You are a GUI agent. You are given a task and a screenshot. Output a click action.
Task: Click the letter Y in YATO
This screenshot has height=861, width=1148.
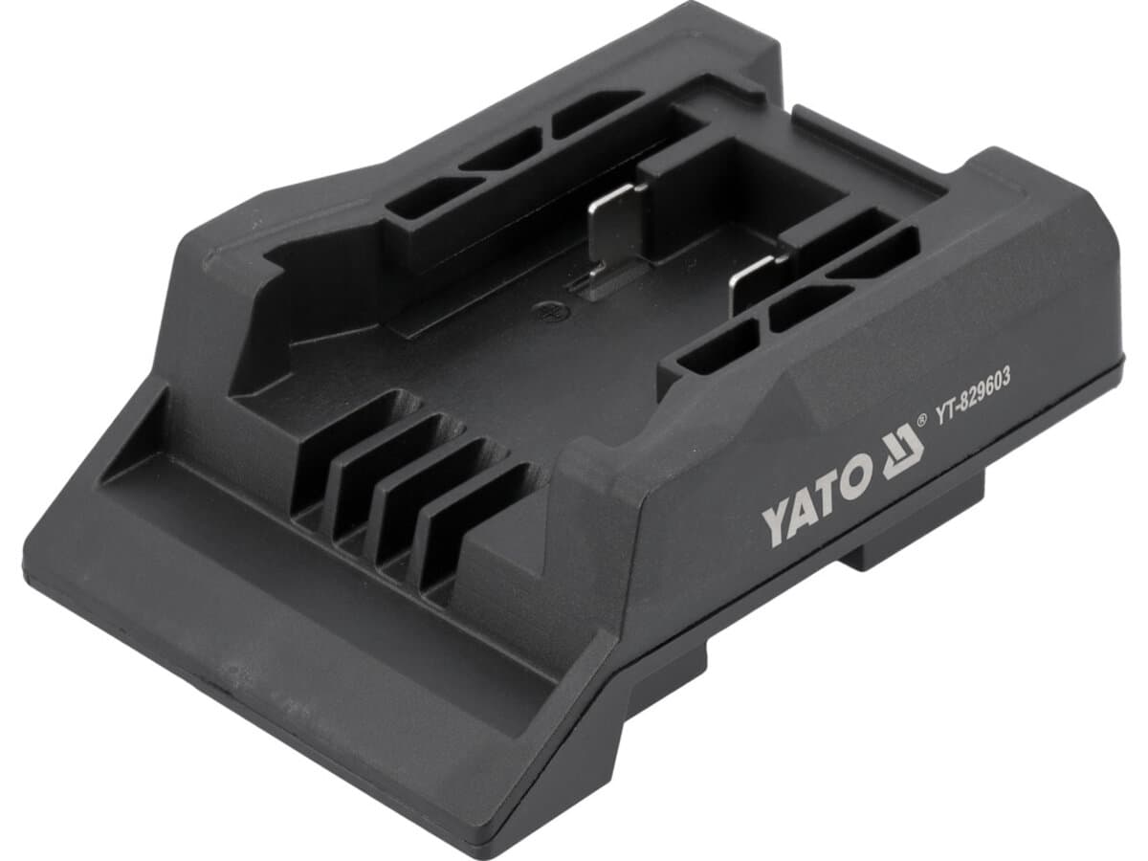click(x=776, y=527)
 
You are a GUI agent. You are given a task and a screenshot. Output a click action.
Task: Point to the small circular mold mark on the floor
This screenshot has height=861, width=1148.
click(x=550, y=311)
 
